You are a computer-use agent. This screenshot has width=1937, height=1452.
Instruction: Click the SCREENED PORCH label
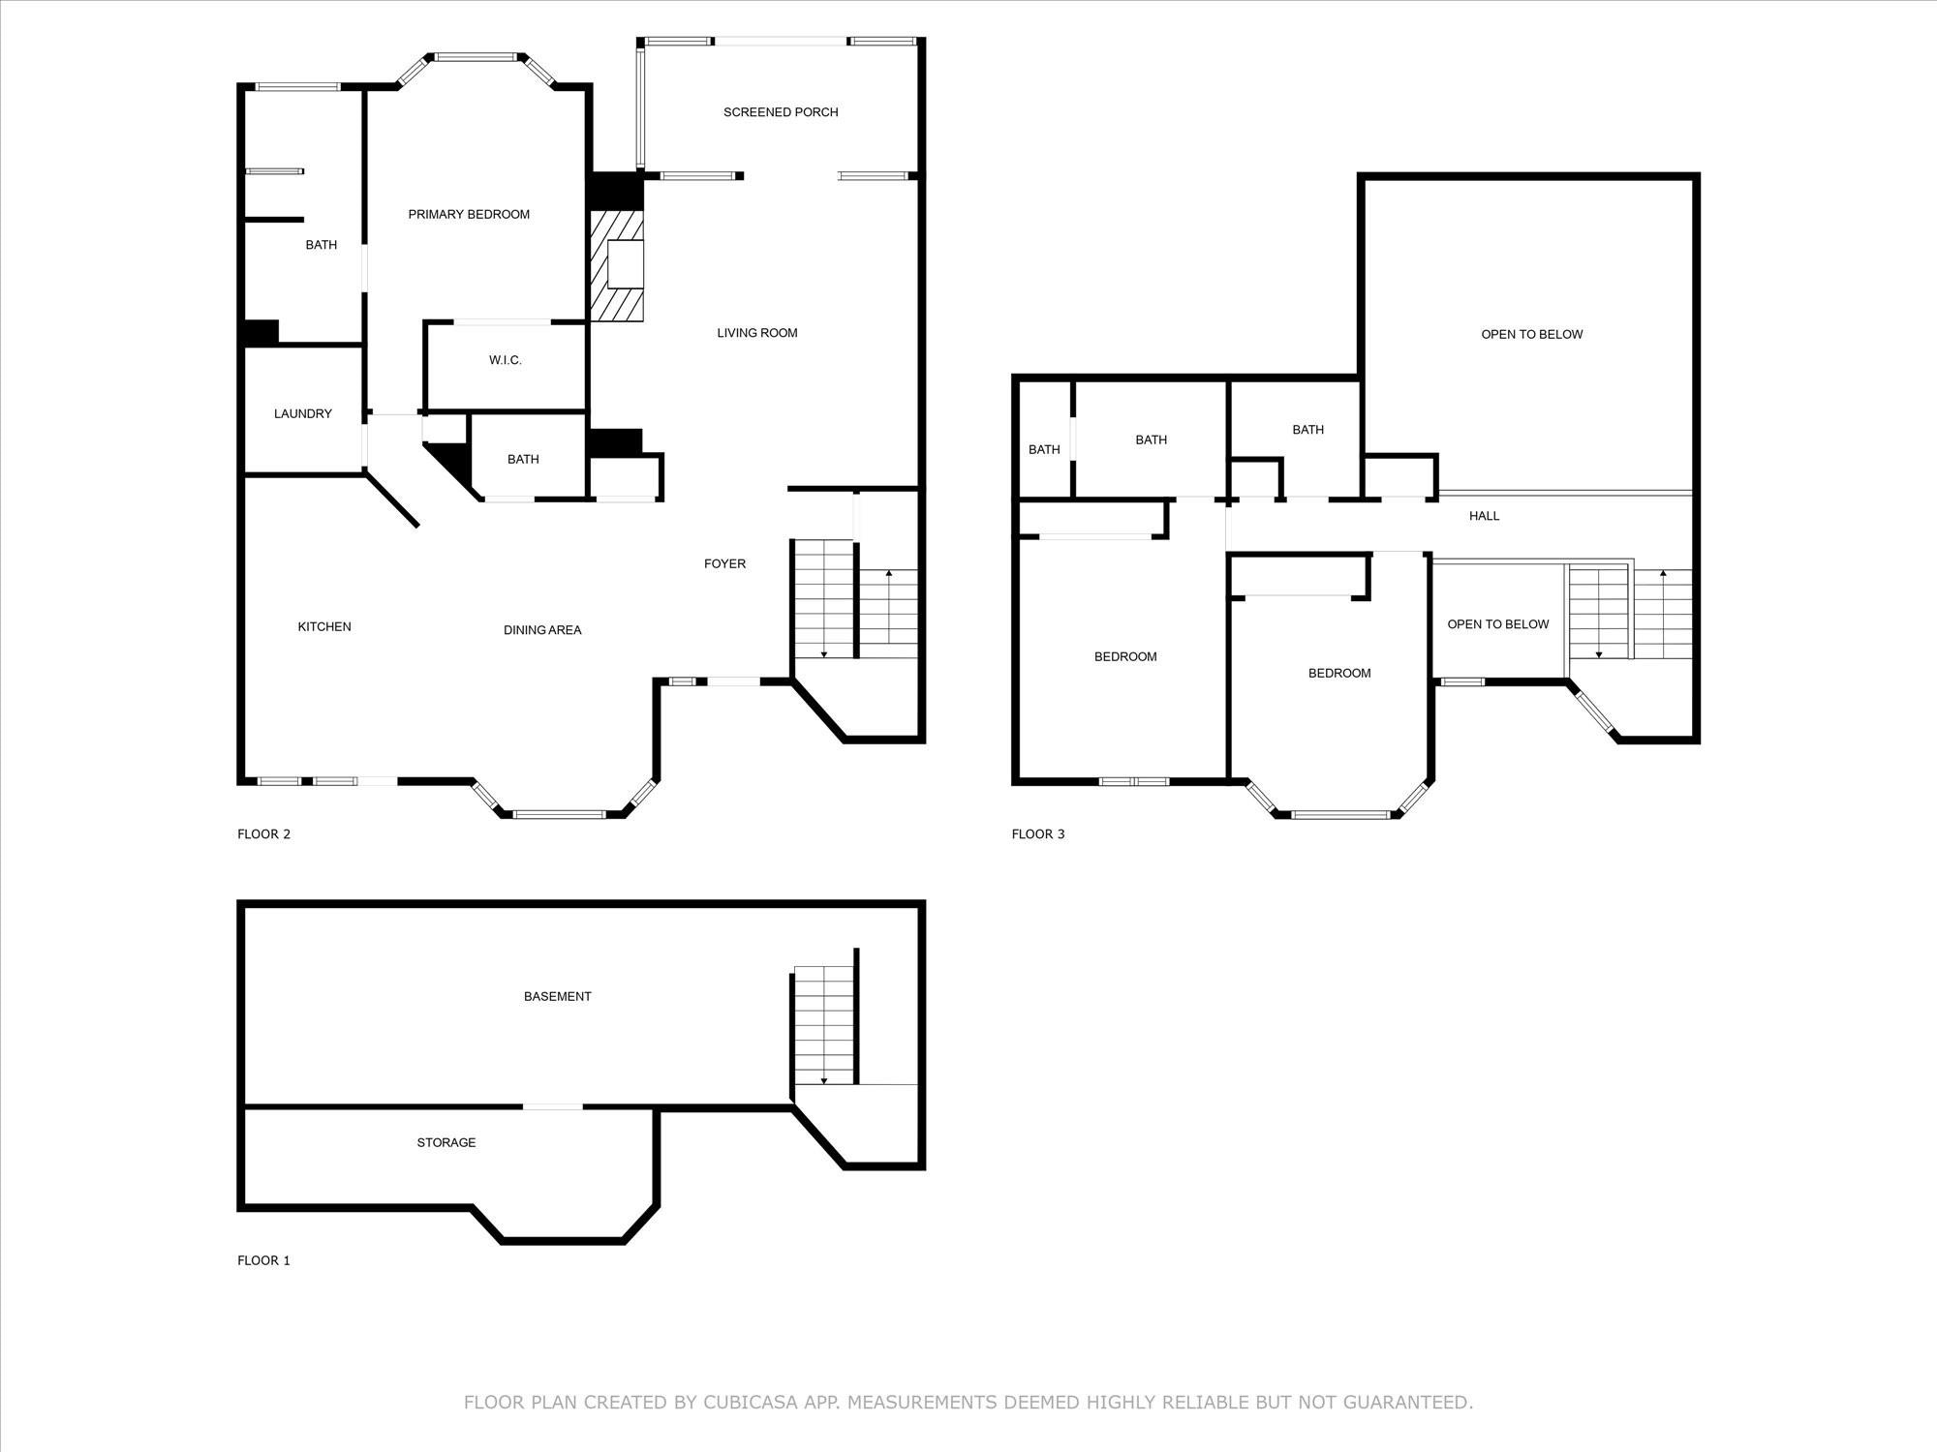781,112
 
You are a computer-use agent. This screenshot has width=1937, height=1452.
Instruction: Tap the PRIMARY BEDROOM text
469,215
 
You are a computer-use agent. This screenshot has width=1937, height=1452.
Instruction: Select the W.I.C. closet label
506,360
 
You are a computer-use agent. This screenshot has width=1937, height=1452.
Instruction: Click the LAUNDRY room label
303,414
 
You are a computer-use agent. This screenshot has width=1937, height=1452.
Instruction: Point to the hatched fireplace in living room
618,267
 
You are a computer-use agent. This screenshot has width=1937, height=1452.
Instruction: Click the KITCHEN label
324,627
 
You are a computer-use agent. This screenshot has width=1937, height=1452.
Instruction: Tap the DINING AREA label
542,630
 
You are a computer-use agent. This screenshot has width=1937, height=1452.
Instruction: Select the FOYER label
724,563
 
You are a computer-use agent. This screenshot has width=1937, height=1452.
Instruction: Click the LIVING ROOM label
757,333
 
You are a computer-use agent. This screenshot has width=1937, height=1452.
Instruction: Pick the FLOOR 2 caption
263,834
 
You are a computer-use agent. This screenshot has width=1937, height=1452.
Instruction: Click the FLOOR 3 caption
1038,834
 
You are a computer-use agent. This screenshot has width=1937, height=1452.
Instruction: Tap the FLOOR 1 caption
263,1260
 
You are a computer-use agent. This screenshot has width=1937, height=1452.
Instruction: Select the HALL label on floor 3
1484,516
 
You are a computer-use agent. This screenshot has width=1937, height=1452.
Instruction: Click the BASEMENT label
557,996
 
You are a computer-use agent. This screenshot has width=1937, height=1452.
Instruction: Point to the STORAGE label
446,1142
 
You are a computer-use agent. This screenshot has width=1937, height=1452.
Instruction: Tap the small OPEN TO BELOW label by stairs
1498,624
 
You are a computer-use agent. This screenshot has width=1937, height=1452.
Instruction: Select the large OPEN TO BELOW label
1531,335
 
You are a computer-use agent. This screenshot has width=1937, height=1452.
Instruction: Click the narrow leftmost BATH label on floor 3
1044,449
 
